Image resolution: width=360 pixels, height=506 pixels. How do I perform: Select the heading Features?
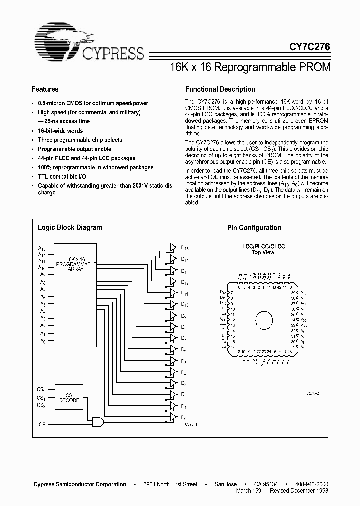(x=45, y=89)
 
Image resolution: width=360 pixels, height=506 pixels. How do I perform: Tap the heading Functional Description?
(x=220, y=89)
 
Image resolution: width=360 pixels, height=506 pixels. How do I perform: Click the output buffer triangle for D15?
(x=173, y=247)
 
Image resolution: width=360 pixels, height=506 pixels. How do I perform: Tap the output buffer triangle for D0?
(x=173, y=416)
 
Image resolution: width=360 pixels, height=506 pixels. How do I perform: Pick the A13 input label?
(x=41, y=247)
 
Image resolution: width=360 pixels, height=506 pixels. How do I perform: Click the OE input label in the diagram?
(x=42, y=424)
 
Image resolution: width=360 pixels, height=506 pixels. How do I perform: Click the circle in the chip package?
(x=263, y=319)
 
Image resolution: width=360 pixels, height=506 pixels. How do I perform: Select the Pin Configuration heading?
(x=254, y=228)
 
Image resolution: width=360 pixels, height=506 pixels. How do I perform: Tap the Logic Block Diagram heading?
(x=70, y=227)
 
